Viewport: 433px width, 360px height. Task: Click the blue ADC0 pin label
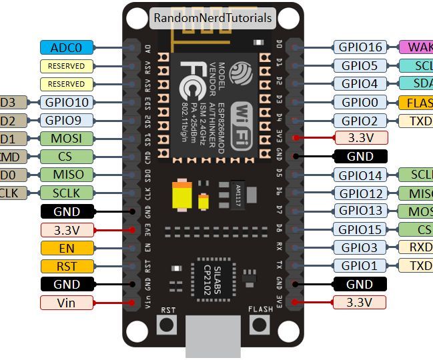(x=67, y=47)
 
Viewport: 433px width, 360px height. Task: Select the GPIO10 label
(x=67, y=103)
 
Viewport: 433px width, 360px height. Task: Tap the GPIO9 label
(x=67, y=121)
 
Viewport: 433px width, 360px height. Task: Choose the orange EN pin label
(x=67, y=248)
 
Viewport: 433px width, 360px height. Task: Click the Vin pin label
(x=67, y=302)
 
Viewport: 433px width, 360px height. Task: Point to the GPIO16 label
(x=360, y=47)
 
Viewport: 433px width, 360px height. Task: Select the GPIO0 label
(x=360, y=103)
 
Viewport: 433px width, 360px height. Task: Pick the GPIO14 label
(x=360, y=175)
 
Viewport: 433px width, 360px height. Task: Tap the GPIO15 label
(x=360, y=229)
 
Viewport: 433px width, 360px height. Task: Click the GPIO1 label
(x=360, y=265)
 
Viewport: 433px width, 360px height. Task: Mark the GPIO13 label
(x=360, y=211)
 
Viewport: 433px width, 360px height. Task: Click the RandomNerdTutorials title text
(x=213, y=18)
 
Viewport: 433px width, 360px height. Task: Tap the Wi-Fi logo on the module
(x=243, y=127)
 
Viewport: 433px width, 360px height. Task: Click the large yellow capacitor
(x=182, y=196)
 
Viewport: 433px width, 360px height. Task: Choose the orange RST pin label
(x=67, y=266)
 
